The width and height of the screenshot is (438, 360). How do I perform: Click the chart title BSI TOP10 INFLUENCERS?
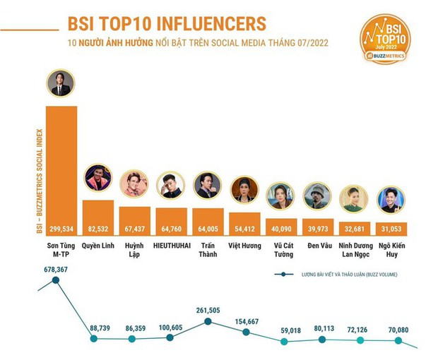click(167, 23)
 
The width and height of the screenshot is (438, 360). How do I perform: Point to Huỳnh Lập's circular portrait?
click(133, 185)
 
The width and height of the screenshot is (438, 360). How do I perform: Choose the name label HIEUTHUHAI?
click(171, 246)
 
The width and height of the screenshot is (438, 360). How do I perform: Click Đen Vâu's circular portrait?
click(317, 196)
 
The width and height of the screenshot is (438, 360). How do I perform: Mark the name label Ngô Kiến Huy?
click(391, 250)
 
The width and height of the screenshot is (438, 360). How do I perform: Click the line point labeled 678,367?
click(57, 280)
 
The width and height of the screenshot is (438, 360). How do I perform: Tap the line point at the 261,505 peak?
click(207, 321)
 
